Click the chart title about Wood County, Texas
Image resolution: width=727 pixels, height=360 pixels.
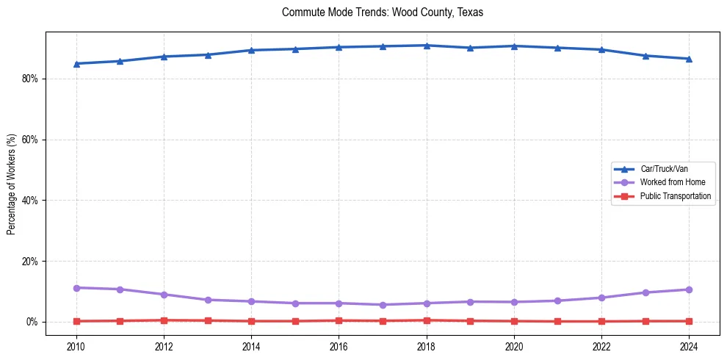coord(383,12)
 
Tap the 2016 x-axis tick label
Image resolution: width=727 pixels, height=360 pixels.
coord(339,345)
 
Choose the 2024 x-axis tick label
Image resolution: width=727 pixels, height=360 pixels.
coord(689,345)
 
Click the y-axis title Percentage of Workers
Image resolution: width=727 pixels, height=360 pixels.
coord(12,184)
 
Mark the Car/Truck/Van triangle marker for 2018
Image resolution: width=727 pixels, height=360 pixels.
coord(427,46)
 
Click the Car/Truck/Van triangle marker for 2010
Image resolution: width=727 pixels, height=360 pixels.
coord(76,64)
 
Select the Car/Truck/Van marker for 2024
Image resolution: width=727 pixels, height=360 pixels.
coord(689,59)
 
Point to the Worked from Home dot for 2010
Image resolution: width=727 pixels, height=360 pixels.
coord(76,288)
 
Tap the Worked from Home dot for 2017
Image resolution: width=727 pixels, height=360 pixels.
coord(383,305)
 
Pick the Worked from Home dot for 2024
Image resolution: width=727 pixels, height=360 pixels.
coord(689,289)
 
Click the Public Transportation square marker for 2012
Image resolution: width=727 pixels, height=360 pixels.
coord(164,320)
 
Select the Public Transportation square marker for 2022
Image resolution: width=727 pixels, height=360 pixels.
coord(601,321)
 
